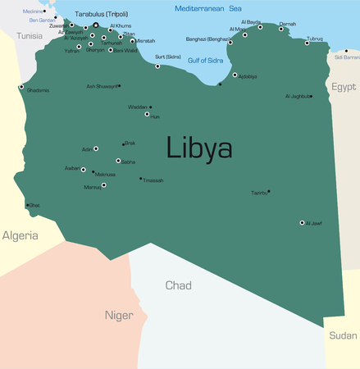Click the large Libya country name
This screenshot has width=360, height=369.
[x=199, y=148]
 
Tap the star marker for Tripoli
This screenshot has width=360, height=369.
[x=95, y=25]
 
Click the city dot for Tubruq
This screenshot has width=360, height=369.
[x=307, y=43]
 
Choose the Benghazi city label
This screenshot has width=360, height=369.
[x=208, y=39]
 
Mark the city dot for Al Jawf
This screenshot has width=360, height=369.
[x=302, y=222]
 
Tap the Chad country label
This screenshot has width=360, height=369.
[x=178, y=285]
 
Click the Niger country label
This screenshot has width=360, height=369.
[x=119, y=315]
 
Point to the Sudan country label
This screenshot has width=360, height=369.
[x=343, y=335]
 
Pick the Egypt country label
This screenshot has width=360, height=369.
[x=344, y=85]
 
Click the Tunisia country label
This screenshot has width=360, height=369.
[x=30, y=36]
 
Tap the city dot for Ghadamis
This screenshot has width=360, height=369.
[x=21, y=86]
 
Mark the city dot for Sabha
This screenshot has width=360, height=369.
[x=118, y=161]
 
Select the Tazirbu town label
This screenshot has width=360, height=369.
[x=258, y=193]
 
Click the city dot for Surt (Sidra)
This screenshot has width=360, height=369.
[x=157, y=66]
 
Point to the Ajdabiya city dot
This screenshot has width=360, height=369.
[x=235, y=75]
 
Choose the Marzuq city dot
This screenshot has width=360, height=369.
[x=103, y=185]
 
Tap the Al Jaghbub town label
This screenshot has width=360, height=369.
[x=298, y=97]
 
